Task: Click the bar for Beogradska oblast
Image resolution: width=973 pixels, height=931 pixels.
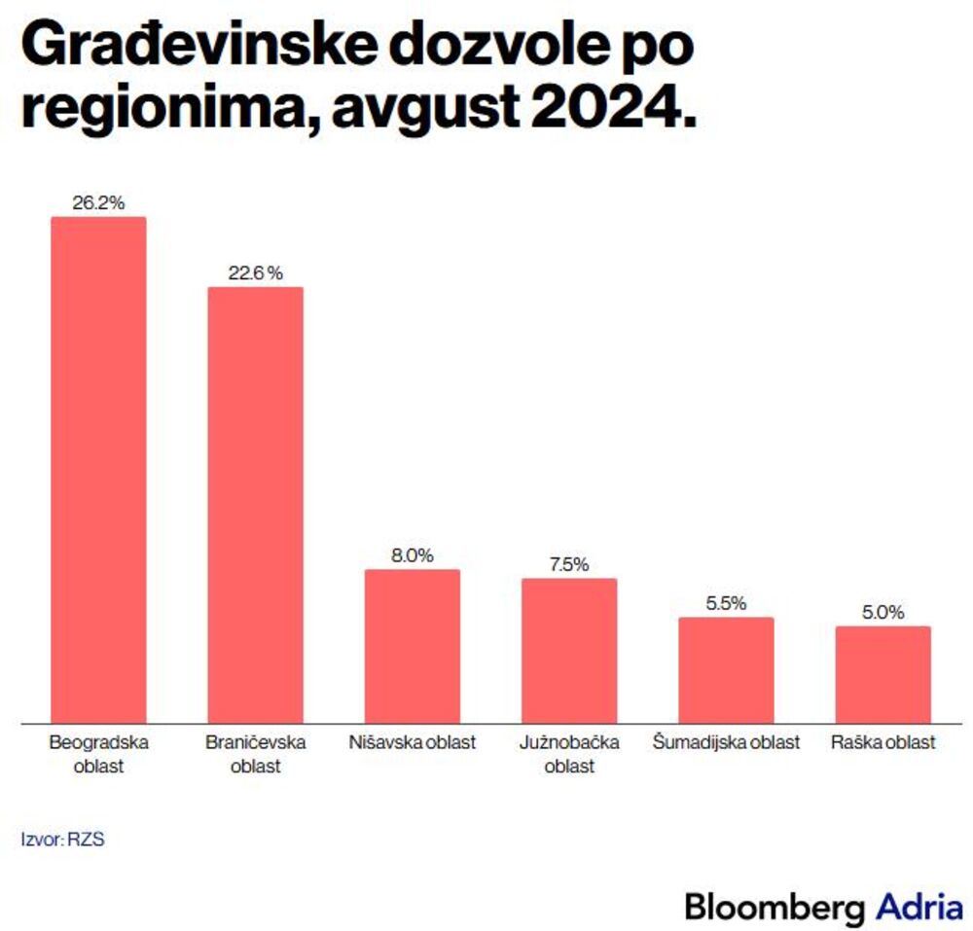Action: tap(98, 470)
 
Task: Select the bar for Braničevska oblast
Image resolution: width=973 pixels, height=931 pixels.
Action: tap(255, 505)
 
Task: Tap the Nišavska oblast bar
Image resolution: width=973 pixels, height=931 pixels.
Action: tap(412, 646)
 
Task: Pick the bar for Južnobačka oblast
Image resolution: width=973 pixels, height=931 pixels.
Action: tap(569, 651)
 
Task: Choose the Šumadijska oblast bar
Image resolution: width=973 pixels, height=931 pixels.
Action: tap(726, 670)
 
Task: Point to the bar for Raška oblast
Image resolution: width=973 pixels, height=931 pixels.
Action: tap(883, 674)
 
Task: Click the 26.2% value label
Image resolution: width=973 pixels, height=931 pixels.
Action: tap(98, 203)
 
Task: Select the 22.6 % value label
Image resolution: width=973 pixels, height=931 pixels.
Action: tap(255, 273)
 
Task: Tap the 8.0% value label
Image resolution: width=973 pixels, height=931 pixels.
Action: tap(412, 555)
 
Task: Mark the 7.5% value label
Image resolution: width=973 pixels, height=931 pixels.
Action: tap(569, 565)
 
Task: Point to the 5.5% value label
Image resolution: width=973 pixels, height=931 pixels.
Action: tap(726, 604)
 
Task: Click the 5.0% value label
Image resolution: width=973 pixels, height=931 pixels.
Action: tap(883, 613)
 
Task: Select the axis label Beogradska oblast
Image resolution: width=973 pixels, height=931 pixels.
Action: tap(98, 754)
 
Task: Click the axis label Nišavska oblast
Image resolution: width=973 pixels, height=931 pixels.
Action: tap(412, 743)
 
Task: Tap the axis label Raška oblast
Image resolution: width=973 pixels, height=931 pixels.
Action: tap(883, 743)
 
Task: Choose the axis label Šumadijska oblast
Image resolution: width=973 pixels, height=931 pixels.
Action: tap(726, 743)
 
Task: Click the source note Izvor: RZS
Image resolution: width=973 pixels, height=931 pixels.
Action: tap(62, 839)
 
